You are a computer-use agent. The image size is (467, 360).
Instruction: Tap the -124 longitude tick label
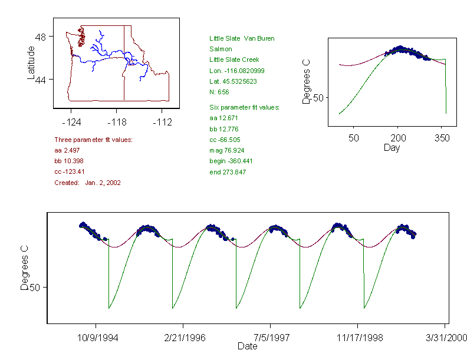(x=71, y=122)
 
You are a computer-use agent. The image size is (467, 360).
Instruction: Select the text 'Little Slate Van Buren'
(x=242, y=38)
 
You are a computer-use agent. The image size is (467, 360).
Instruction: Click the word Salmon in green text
(x=221, y=49)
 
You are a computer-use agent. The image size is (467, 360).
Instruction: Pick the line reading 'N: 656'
(x=219, y=92)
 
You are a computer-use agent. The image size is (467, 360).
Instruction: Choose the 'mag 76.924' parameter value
(x=225, y=151)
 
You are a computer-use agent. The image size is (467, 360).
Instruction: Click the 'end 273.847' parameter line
(x=228, y=172)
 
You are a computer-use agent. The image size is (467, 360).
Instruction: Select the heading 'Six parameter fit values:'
(x=244, y=107)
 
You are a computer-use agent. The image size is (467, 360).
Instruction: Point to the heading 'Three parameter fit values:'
(x=93, y=140)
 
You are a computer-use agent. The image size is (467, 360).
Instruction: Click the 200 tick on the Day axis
(x=398, y=137)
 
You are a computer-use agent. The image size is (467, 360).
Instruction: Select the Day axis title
(x=392, y=147)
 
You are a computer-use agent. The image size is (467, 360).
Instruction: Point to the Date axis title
(x=247, y=346)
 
